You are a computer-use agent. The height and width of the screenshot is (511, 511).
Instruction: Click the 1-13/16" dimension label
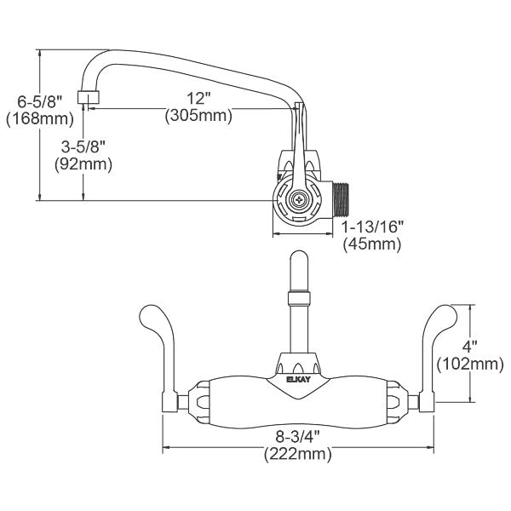(x=372, y=227)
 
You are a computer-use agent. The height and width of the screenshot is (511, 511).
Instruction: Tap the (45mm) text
(x=372, y=244)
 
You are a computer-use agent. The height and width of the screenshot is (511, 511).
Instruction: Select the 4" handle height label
(x=469, y=347)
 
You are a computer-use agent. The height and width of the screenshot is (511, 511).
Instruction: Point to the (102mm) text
(x=469, y=365)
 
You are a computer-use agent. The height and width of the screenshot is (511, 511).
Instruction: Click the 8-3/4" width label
(x=293, y=437)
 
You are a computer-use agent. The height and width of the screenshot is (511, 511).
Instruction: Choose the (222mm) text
(x=293, y=454)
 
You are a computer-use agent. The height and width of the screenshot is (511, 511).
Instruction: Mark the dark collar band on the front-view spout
(x=297, y=297)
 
